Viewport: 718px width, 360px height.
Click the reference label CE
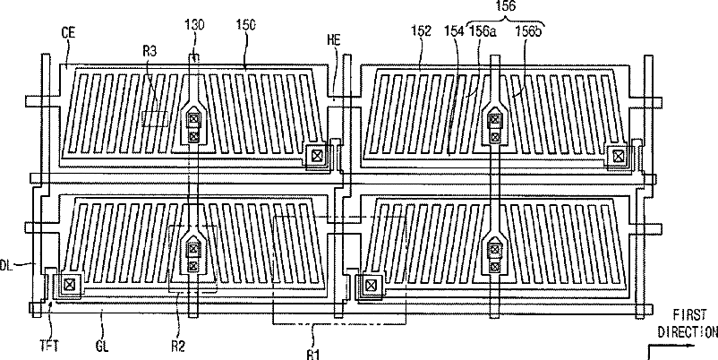pos(67,32)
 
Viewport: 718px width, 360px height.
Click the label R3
pos(150,52)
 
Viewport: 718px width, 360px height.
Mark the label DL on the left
pos(7,265)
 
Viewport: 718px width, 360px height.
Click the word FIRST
pos(689,315)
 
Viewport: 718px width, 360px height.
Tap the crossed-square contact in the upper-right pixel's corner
pos(616,157)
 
